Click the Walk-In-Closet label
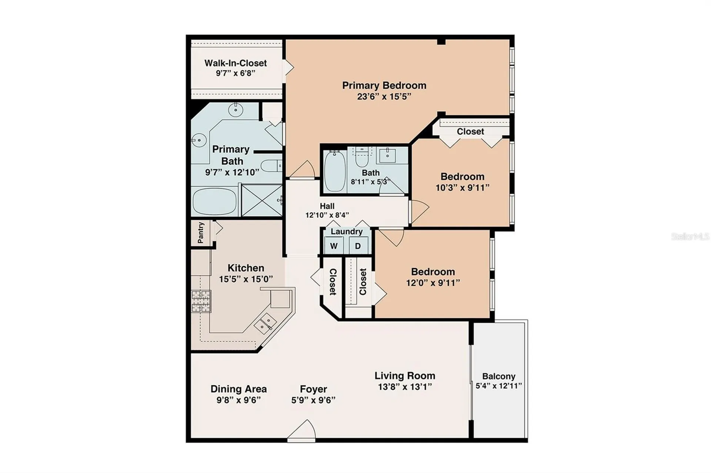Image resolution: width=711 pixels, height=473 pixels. pos(236,63)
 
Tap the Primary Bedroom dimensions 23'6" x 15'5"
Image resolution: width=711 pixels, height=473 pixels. pos(384,97)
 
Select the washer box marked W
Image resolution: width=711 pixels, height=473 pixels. pos(334,246)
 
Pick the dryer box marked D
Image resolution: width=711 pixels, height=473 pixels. pos(358,246)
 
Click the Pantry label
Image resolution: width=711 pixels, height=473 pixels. pos(201,233)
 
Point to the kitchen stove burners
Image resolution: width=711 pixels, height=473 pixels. pos(201,301)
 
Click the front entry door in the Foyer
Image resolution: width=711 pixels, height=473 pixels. pos(302,431)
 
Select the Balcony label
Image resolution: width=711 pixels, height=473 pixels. pos(499,376)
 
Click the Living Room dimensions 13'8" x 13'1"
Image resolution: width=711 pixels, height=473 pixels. pos(405,387)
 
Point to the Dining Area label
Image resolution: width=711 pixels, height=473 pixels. pos(238,389)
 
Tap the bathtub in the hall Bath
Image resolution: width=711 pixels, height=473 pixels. pos(335,171)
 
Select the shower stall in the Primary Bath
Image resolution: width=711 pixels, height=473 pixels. pos(261,200)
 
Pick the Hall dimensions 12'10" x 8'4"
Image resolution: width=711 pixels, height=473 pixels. pos(327,215)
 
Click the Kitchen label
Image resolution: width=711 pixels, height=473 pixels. pos(246,268)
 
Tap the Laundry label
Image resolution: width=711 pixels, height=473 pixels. pos(347,232)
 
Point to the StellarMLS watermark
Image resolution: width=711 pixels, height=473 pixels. pos(690,236)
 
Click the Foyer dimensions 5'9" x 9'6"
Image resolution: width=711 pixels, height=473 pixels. pos(313,400)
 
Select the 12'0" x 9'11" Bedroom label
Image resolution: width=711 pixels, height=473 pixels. pos(433,277)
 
